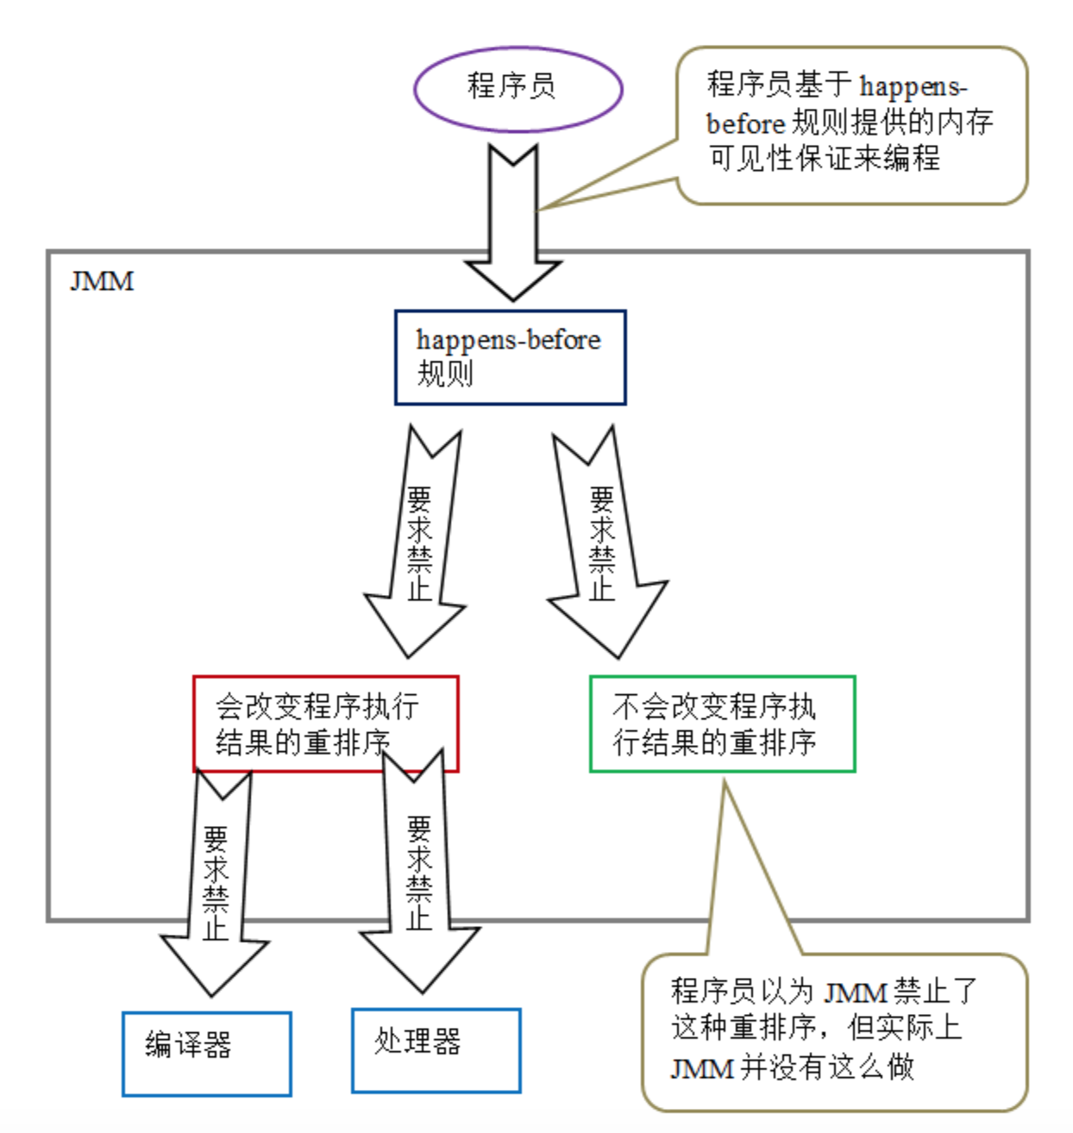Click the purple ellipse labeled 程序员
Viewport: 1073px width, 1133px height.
(x=518, y=88)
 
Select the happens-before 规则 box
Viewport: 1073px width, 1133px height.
(x=510, y=357)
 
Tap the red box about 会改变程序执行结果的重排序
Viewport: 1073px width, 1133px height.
(x=325, y=723)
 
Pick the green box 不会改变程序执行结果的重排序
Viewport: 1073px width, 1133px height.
(x=722, y=723)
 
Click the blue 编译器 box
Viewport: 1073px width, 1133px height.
(x=206, y=1053)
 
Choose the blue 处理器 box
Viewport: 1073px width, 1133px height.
(x=436, y=1049)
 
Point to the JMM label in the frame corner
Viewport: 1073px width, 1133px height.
(x=102, y=281)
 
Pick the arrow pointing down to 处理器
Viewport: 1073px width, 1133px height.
(x=419, y=888)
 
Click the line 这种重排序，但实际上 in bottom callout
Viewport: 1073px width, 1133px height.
(x=815, y=1028)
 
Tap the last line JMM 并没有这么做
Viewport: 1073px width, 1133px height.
(x=792, y=1067)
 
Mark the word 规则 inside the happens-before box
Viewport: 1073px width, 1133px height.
(x=445, y=375)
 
